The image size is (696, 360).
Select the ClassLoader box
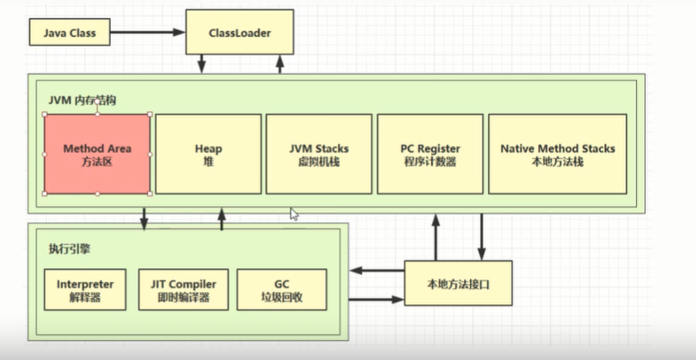point(239,34)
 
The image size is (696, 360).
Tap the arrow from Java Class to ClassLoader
point(147,34)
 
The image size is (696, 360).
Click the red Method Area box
point(96,154)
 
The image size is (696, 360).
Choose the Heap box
point(209,154)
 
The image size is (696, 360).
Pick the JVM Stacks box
point(319,154)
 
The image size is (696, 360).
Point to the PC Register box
point(430,154)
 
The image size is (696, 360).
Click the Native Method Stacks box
point(557,154)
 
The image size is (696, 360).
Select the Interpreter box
point(85,290)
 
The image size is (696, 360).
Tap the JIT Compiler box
point(184,290)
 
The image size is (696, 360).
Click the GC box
point(281,290)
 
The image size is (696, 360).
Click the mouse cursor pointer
point(294,214)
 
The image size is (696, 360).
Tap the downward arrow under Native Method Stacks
point(482,234)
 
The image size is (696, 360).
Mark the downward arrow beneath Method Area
point(145,219)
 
